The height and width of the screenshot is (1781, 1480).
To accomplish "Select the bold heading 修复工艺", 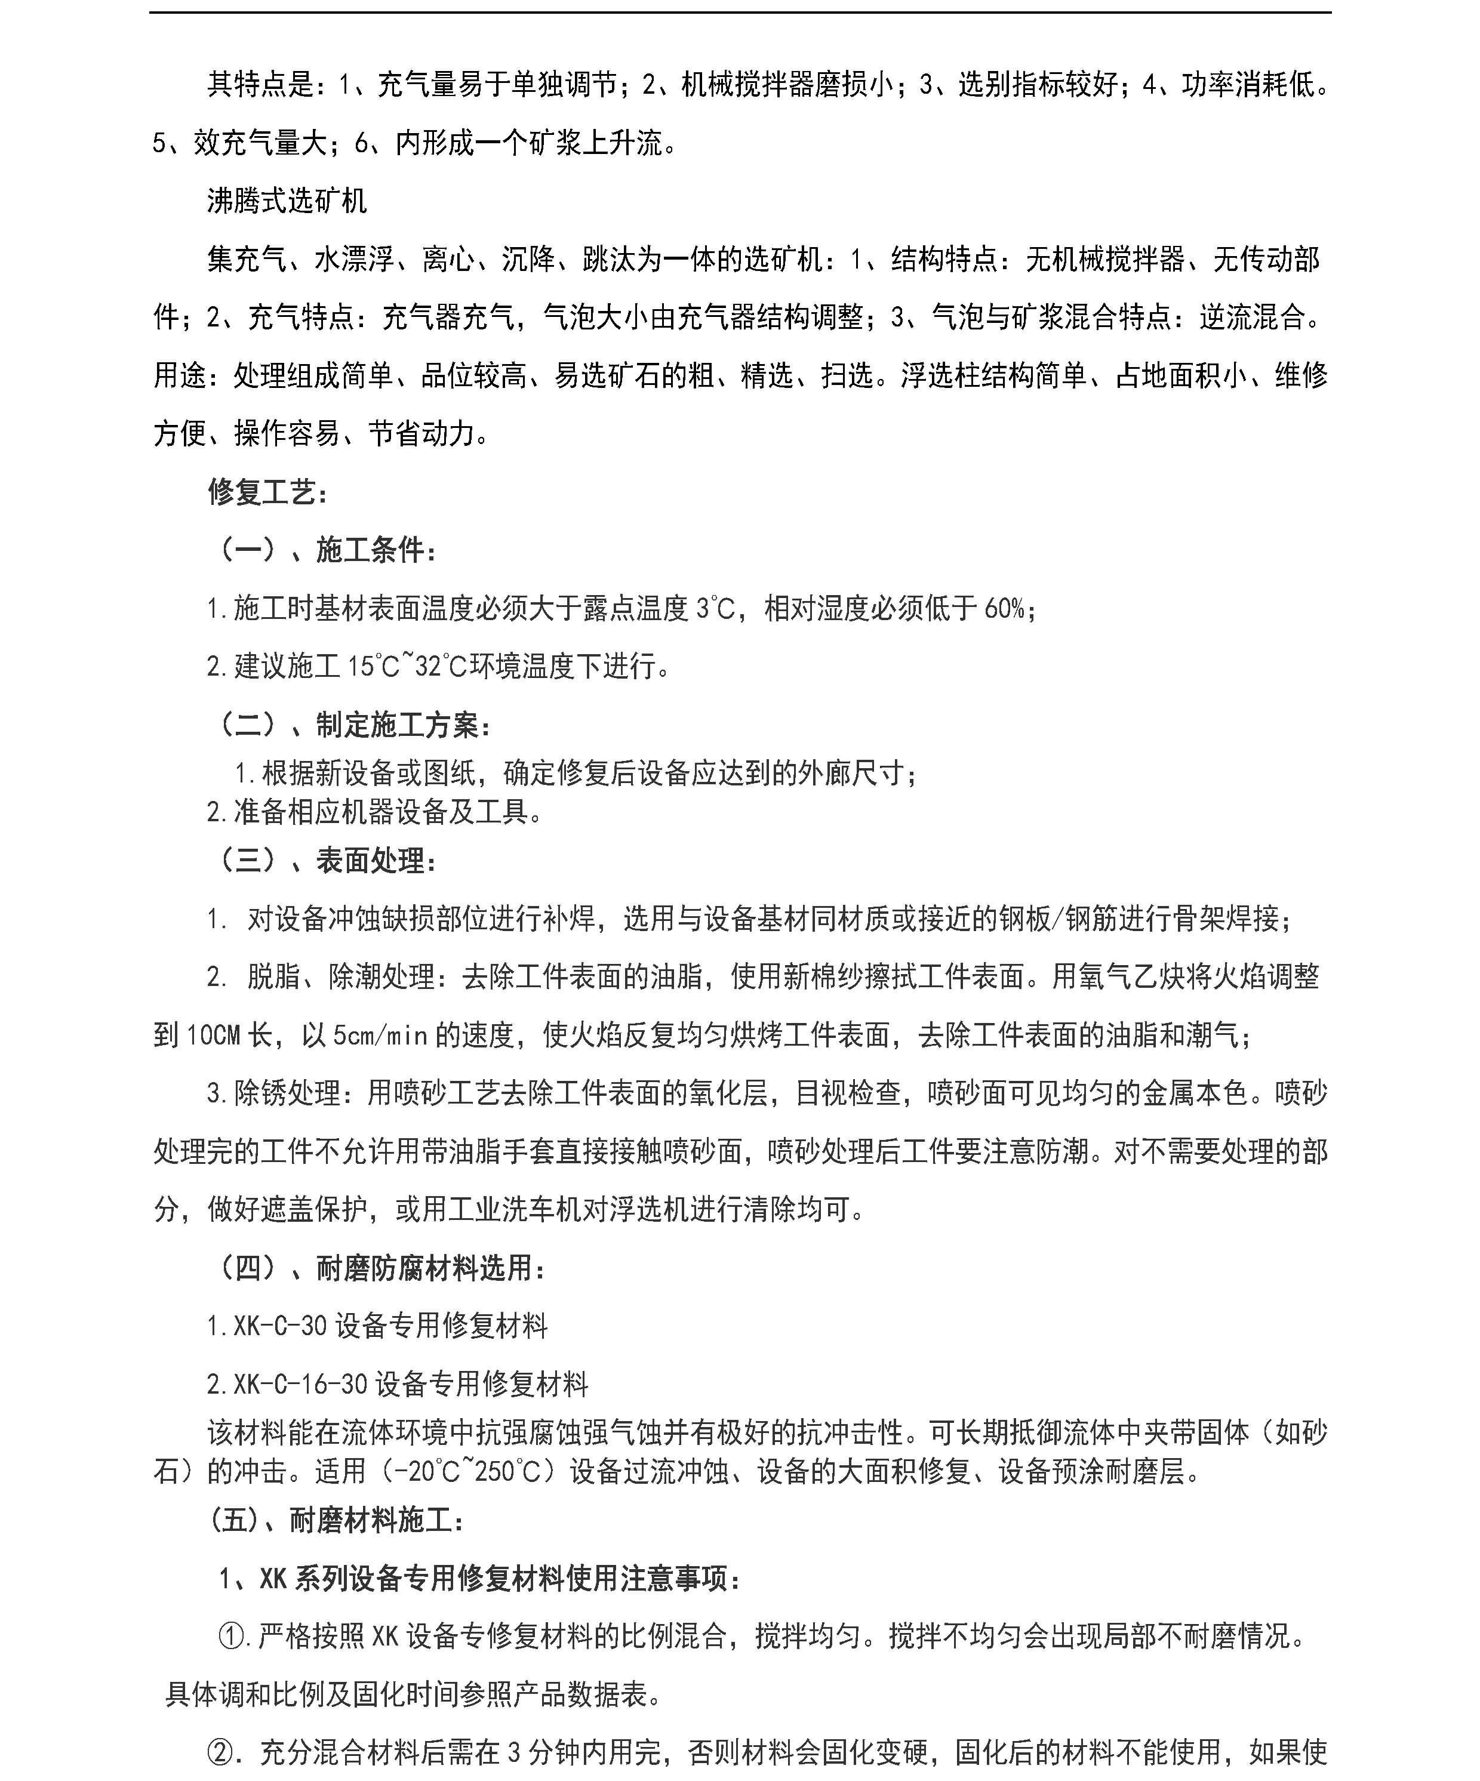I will (267, 492).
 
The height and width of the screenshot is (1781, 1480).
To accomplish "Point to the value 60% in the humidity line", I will (1004, 608).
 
